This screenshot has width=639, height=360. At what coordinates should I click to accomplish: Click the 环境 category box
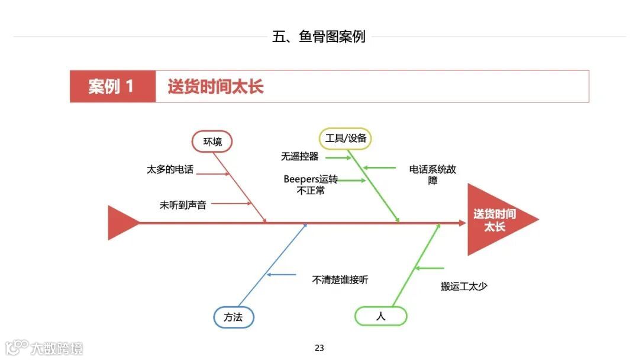click(212, 142)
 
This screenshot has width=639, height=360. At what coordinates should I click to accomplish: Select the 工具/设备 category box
click(346, 139)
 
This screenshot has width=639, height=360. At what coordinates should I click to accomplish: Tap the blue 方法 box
click(233, 317)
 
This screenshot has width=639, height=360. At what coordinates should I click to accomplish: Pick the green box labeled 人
click(380, 316)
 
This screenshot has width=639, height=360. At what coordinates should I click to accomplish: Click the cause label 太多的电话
click(170, 169)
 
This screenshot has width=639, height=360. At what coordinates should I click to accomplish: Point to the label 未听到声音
click(183, 205)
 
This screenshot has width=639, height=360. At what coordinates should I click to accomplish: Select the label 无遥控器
click(299, 157)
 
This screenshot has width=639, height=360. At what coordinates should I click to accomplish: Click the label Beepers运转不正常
click(311, 184)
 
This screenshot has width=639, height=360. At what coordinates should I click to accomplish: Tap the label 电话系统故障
click(433, 175)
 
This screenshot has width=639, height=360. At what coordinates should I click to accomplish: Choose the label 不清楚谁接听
click(340, 279)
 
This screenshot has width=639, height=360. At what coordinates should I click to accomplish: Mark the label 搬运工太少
click(464, 286)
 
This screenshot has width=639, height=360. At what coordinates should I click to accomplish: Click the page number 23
click(319, 348)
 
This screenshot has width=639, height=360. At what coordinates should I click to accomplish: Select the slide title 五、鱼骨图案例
click(319, 37)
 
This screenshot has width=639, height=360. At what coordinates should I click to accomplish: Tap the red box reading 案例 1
click(112, 86)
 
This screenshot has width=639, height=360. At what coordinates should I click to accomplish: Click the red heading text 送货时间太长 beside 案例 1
click(215, 86)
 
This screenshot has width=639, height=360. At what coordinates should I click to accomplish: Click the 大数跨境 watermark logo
click(45, 348)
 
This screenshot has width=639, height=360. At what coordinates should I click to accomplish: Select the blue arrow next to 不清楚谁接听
click(282, 274)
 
